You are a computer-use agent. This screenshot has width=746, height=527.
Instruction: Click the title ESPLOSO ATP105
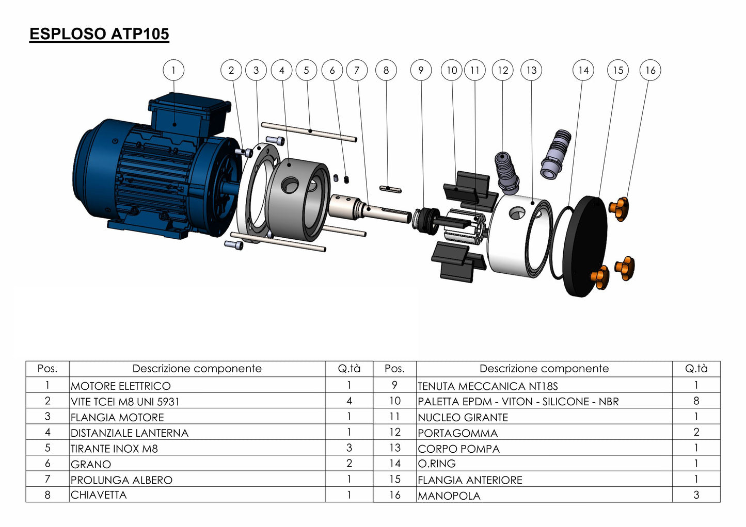[99, 34]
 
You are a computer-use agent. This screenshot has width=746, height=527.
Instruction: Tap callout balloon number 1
[173, 70]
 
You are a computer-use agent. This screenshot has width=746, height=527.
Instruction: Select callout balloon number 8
[386, 70]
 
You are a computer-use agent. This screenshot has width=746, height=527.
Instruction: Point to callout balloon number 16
[650, 70]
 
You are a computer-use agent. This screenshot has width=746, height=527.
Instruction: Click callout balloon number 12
[503, 70]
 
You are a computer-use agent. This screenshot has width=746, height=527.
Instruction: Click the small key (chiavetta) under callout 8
[390, 189]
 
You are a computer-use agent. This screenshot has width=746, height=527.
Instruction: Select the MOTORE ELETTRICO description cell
[121, 386]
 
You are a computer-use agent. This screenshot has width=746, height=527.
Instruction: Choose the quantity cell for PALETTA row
[696, 401]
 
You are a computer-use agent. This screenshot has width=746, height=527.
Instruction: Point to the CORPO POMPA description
[458, 449]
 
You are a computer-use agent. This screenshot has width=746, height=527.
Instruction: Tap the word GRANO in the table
[91, 464]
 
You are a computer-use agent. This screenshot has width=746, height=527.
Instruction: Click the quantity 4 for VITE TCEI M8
[349, 401]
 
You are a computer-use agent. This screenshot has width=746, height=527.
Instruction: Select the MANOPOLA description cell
[449, 496]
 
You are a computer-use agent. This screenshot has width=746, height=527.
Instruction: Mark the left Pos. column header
[47, 369]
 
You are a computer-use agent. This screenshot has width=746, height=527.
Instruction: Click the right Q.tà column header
[696, 369]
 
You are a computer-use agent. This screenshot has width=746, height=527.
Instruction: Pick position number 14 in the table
[394, 464]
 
